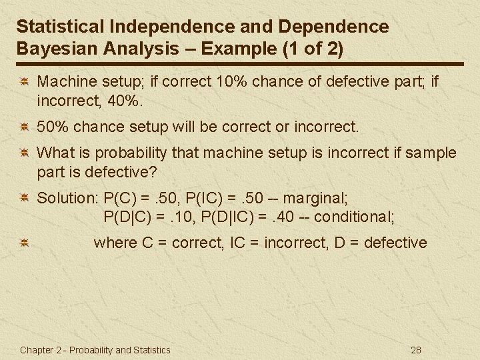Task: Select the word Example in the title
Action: (x=235, y=48)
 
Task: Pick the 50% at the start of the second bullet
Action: (x=51, y=126)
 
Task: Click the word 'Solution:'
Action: (x=67, y=198)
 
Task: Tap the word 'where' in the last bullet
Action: (x=115, y=243)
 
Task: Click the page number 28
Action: (x=417, y=350)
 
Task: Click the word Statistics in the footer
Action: (x=152, y=350)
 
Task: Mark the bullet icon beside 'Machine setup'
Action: (x=23, y=82)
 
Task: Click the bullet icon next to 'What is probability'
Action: (x=23, y=153)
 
